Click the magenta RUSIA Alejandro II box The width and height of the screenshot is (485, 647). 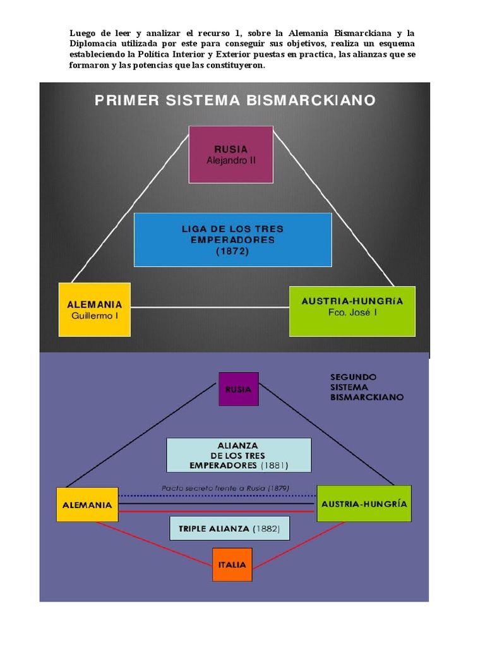[231, 154]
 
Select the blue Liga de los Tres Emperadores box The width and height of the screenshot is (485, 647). [232, 239]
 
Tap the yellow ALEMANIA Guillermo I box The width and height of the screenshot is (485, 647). [94, 309]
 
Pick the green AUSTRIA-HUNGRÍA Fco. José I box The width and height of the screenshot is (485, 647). [352, 311]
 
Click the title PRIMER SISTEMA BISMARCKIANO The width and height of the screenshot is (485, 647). [235, 100]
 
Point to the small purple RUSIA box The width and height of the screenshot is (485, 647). [238, 389]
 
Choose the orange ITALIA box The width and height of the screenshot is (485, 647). [232, 564]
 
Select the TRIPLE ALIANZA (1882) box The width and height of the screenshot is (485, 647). [229, 528]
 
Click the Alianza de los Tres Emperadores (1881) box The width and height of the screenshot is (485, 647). [239, 455]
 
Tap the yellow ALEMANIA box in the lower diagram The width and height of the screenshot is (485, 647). [87, 504]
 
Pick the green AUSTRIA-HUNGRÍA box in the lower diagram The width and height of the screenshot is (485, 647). [364, 504]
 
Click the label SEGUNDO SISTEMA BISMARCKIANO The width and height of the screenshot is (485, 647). [366, 387]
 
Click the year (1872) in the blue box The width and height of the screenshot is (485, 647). [232, 251]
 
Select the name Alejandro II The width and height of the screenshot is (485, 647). [231, 160]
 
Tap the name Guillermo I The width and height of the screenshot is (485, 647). [94, 315]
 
